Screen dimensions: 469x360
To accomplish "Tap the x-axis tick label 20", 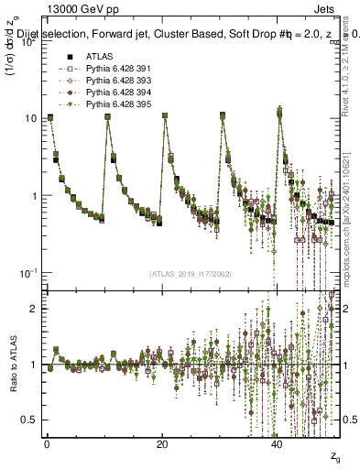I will tap(162, 444).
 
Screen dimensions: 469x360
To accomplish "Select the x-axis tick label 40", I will tap(278, 444).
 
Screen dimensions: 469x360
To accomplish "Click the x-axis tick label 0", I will tap(47, 444).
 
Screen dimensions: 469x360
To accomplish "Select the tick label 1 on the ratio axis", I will tap(35, 365).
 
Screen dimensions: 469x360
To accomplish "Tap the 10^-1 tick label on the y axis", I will tap(28, 273).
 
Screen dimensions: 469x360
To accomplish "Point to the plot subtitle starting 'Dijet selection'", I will tap(183, 34).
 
